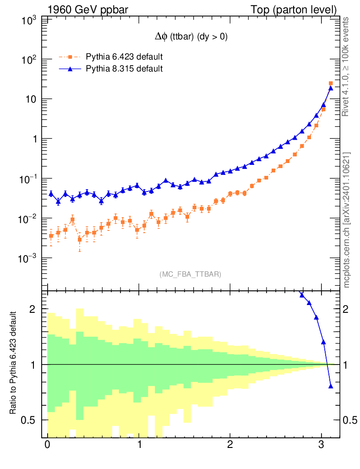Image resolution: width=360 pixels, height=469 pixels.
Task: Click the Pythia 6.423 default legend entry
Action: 124,57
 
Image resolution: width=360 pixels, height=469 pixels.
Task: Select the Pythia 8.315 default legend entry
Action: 124,69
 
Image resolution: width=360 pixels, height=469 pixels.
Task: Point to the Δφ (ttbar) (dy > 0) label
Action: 191,38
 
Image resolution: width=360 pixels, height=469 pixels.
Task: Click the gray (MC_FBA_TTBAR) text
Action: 191,274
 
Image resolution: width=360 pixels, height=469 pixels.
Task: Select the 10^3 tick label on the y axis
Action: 29,20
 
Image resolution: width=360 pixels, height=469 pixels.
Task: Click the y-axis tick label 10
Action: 31,99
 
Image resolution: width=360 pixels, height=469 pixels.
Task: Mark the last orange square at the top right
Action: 331,83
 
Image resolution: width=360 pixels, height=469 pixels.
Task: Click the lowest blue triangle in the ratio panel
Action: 331,386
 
